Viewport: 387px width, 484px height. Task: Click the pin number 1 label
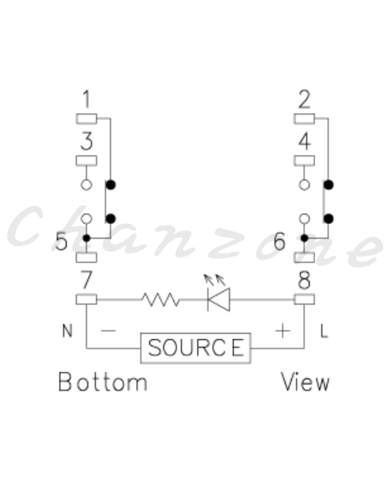coord(87,99)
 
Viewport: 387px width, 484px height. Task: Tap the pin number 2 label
coord(304,99)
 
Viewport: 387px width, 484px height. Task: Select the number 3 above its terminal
coord(87,141)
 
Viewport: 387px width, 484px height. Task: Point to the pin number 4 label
coord(304,141)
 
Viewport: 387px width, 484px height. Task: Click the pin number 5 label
coord(61,241)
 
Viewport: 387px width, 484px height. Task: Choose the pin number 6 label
coord(279,241)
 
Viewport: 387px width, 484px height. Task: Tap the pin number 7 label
coord(87,280)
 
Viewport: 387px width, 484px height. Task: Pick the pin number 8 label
coord(304,280)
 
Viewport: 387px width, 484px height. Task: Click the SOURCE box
coord(196,348)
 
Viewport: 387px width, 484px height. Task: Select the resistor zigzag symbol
coord(160,300)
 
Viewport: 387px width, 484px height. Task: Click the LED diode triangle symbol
coord(219,300)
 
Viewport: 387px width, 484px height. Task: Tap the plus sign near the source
coord(283,331)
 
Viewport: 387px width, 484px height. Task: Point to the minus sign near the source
coord(108,331)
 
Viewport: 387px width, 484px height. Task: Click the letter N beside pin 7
coord(67,331)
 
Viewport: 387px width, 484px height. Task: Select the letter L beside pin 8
coord(324,331)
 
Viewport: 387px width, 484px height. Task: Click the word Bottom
coord(103,382)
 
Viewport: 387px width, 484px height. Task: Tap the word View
coord(305,382)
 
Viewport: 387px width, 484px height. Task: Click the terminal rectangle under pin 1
coord(87,118)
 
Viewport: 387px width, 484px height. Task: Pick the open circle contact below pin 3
coord(87,185)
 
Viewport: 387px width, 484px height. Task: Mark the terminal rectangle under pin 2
coord(304,118)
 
